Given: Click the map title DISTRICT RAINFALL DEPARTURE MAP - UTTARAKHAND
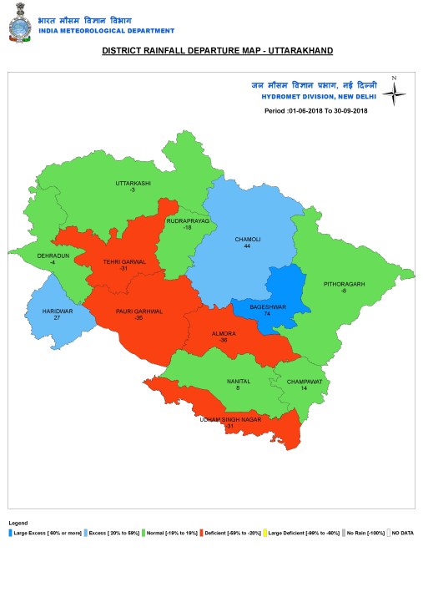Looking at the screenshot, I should pyautogui.click(x=217, y=51).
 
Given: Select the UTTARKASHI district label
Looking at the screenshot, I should pyautogui.click(x=133, y=183).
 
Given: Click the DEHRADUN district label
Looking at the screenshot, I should pyautogui.click(x=53, y=256).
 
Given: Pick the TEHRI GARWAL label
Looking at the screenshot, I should pyautogui.click(x=124, y=261).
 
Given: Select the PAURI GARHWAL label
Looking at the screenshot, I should pyautogui.click(x=138, y=311).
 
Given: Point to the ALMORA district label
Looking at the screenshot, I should pyautogui.click(x=224, y=333).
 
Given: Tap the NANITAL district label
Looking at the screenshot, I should pyautogui.click(x=239, y=382).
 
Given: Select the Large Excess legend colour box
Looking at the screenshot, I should pyautogui.click(x=11, y=532).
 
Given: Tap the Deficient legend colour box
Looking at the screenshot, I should pyautogui.click(x=202, y=532).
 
